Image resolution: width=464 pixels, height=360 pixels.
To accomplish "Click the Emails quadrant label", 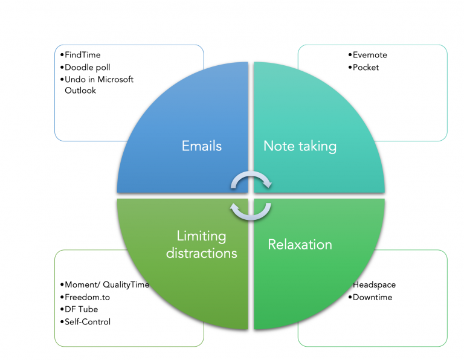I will [x=202, y=146].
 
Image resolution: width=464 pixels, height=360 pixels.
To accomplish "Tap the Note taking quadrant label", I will [x=300, y=146].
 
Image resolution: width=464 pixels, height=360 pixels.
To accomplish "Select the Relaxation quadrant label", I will [x=300, y=245].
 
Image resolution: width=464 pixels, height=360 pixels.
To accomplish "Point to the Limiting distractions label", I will [x=201, y=245].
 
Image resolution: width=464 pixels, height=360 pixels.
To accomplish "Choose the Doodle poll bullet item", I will [x=87, y=67].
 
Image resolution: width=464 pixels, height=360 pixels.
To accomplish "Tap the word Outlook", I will [x=80, y=91].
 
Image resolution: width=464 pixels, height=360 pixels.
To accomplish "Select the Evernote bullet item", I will [x=369, y=55].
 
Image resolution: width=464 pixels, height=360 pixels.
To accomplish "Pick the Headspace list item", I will [x=375, y=285].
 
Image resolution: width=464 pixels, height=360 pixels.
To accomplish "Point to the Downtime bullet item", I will [x=372, y=297].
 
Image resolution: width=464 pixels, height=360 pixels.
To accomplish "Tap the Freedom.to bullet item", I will [x=88, y=297].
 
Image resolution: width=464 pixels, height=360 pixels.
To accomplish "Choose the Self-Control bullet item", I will [x=87, y=321].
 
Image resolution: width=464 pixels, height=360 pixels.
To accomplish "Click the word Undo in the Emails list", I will [x=74, y=79].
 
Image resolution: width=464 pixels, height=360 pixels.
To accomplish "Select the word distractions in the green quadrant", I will [x=201, y=252].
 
